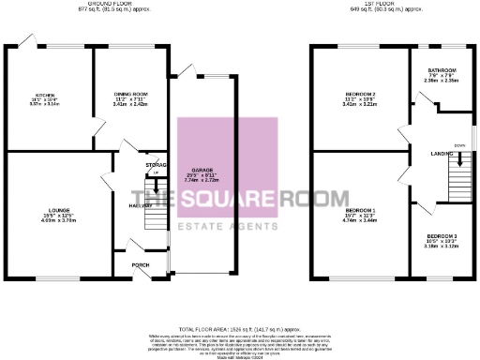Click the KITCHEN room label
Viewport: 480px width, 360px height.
click(41, 96)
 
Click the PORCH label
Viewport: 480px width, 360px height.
click(142, 264)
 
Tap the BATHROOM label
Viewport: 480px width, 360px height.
click(442, 71)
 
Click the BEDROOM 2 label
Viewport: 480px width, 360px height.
click(361, 95)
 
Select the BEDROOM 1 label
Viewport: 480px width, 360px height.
click(361, 209)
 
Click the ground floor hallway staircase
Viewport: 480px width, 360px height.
click(153, 220)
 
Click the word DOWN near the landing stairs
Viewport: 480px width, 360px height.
click(458, 146)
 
